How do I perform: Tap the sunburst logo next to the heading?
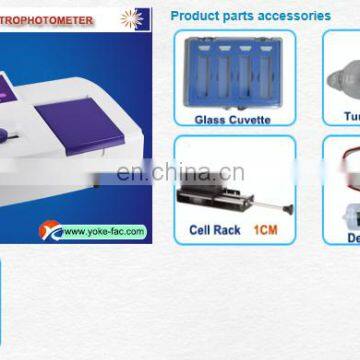pos(131,18)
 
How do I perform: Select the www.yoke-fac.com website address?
pos(104,232)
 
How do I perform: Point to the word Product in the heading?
pos(193,16)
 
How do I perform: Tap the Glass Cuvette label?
pos(232,119)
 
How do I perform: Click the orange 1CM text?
pos(264,230)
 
